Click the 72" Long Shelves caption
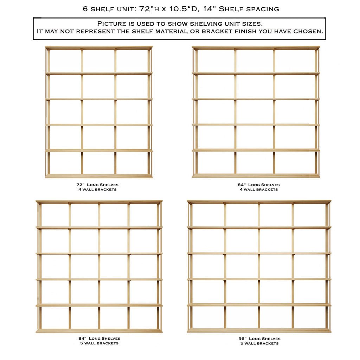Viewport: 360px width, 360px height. pyautogui.click(x=97, y=185)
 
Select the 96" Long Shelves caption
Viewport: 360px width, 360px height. pyautogui.click(x=259, y=339)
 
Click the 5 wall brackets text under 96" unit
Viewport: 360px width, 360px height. pyautogui.click(x=259, y=343)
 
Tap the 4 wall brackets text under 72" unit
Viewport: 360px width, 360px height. pyautogui.click(x=97, y=189)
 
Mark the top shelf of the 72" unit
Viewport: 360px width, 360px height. pyautogui.click(x=98, y=47)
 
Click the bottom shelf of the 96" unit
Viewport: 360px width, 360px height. pyautogui.click(x=259, y=330)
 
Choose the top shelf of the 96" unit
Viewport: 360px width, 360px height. pyautogui.click(x=259, y=202)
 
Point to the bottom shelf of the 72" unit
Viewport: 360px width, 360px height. pyautogui.click(x=98, y=176)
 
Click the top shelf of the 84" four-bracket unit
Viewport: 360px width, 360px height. pyautogui.click(x=256, y=47)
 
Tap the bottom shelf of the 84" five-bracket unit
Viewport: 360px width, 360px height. pyautogui.click(x=99, y=330)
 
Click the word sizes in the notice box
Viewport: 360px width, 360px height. pyautogui.click(x=253, y=24)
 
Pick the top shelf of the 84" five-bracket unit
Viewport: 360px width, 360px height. pyautogui.click(x=99, y=202)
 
